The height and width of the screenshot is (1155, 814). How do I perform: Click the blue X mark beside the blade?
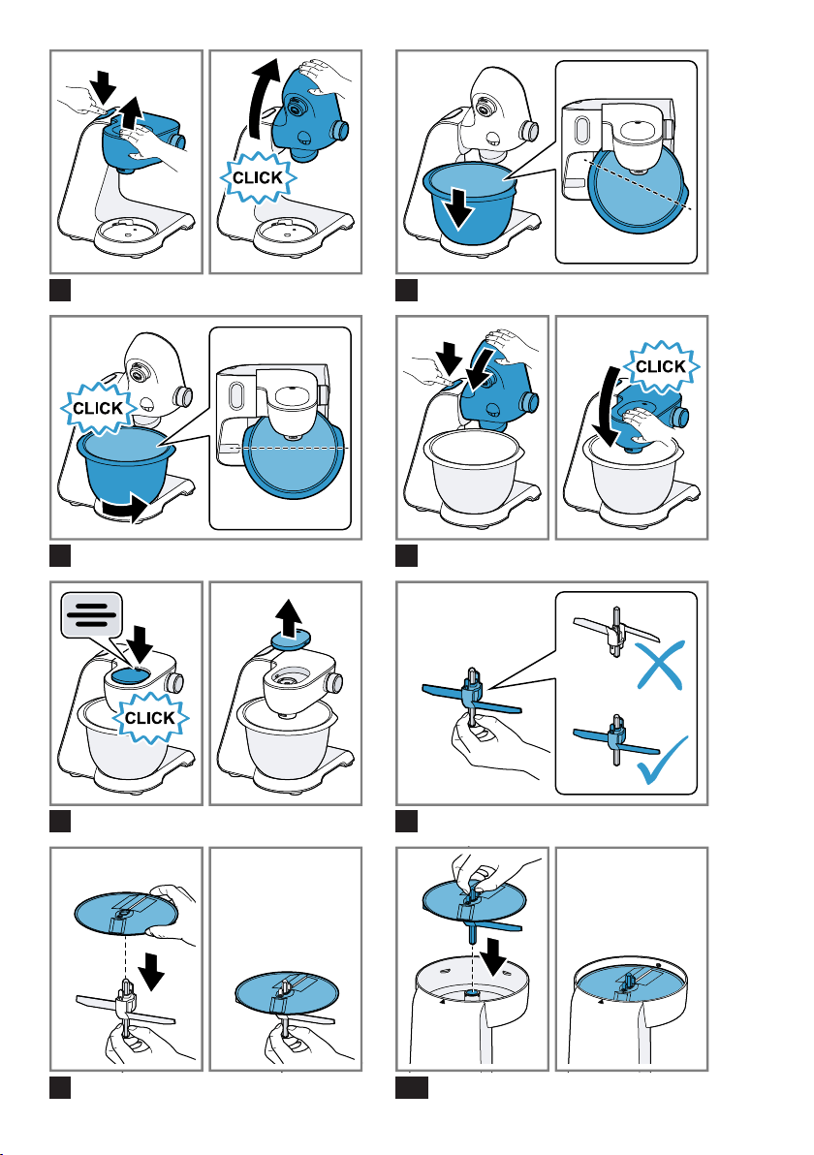[x=660, y=664]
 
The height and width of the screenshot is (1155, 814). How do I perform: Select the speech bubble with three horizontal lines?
[x=91, y=614]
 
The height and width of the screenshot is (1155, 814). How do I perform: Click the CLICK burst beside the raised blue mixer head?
[x=257, y=177]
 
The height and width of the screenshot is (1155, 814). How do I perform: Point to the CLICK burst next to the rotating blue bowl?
[x=98, y=407]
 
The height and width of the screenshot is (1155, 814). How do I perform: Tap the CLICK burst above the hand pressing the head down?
[x=661, y=366]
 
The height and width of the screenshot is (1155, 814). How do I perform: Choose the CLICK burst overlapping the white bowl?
[x=150, y=717]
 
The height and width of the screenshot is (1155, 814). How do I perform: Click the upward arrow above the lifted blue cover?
[x=293, y=617]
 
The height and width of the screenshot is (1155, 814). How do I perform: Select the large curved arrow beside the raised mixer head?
[x=265, y=99]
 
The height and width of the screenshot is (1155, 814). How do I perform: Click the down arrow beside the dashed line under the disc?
[x=152, y=970]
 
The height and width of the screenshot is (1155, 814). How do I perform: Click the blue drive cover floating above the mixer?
[x=292, y=641]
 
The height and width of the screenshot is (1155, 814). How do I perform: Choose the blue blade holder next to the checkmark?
[x=616, y=739]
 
